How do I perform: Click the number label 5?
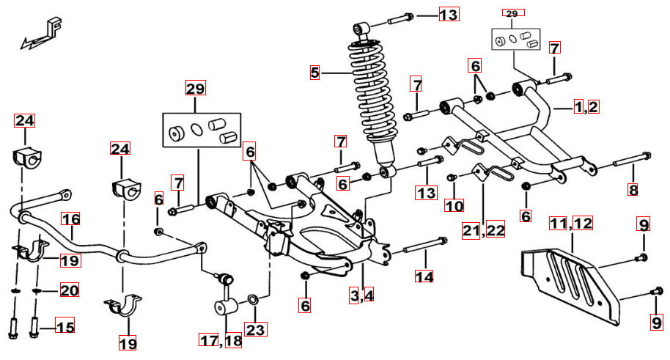tap(315, 72)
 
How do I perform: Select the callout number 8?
tap(633, 190)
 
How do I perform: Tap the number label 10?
tap(454, 205)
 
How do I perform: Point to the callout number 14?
tap(424, 276)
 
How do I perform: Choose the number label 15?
tap(65, 327)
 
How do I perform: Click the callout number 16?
tap(70, 219)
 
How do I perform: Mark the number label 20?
tap(69, 291)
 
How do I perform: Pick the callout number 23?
tap(255, 330)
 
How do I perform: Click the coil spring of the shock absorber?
tap(375, 92)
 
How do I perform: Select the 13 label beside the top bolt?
tap(448, 15)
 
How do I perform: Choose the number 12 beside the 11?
tap(583, 223)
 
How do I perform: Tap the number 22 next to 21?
tap(496, 230)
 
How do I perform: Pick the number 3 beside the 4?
tap(355, 296)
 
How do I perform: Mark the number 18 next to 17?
tap(234, 340)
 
